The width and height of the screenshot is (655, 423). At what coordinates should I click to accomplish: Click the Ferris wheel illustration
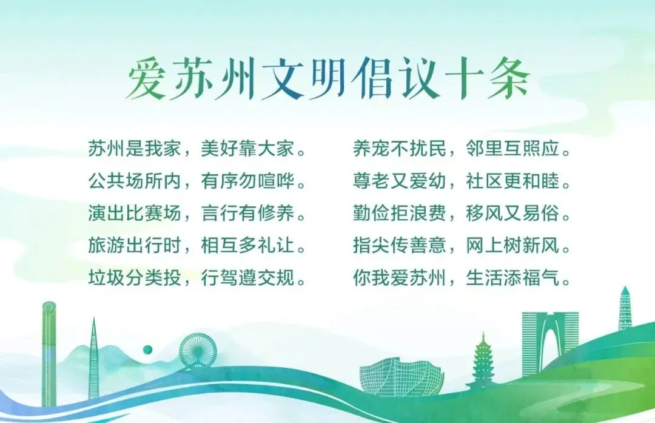pos(198,351)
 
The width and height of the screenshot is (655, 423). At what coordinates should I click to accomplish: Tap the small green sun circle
pos(147,349)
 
